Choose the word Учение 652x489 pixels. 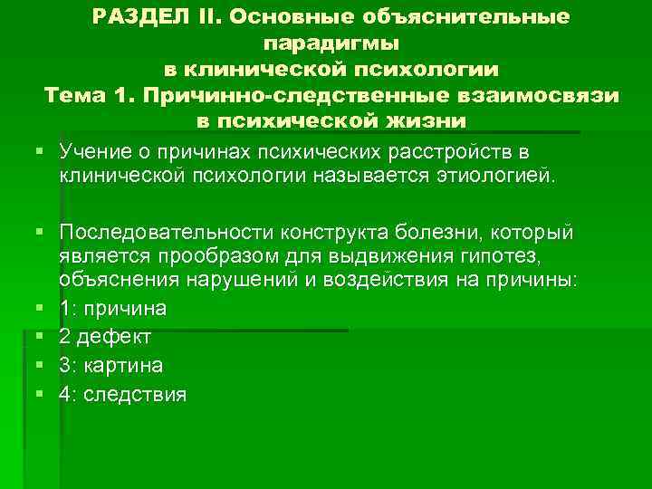(x=91, y=149)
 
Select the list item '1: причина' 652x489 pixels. (x=112, y=309)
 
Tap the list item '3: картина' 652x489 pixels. (x=110, y=365)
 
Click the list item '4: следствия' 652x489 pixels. (x=122, y=394)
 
